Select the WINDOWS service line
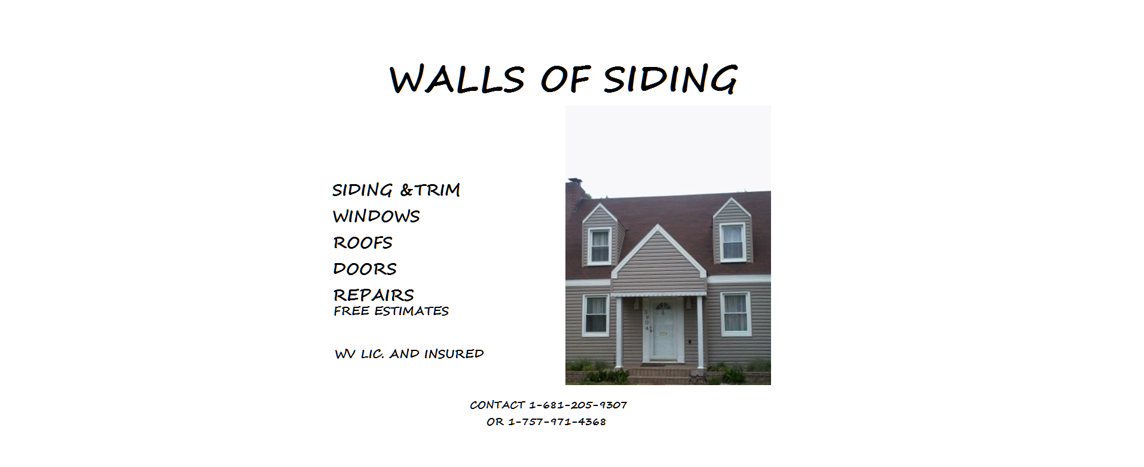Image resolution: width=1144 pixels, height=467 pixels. (377, 216)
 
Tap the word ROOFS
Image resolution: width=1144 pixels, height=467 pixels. (363, 242)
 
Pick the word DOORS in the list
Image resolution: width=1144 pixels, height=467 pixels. (365, 268)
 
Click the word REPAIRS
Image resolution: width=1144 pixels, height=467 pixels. (374, 295)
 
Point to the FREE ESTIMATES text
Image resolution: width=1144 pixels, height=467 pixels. (391, 311)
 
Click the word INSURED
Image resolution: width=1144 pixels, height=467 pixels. (454, 353)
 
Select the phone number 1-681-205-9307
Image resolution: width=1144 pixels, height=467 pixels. (578, 405)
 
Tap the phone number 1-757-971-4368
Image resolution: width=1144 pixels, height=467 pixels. (557, 422)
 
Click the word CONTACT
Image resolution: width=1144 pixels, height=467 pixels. (497, 405)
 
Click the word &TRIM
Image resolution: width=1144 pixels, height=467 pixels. (430, 190)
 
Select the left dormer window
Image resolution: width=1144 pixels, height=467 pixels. (599, 245)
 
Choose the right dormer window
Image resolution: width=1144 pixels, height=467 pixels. (732, 242)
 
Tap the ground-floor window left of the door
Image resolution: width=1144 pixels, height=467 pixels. (595, 315)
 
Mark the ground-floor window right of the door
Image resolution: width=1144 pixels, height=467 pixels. (735, 313)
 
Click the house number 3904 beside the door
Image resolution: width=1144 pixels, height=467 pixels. (646, 321)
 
